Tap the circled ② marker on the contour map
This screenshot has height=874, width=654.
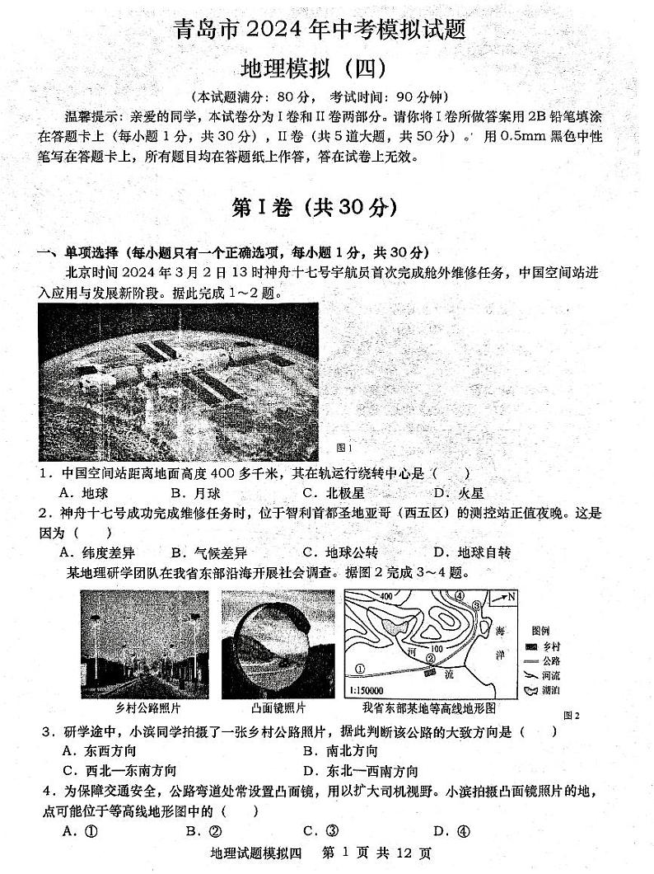429,658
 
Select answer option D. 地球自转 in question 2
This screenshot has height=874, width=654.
472,552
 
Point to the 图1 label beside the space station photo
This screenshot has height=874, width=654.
344,448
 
